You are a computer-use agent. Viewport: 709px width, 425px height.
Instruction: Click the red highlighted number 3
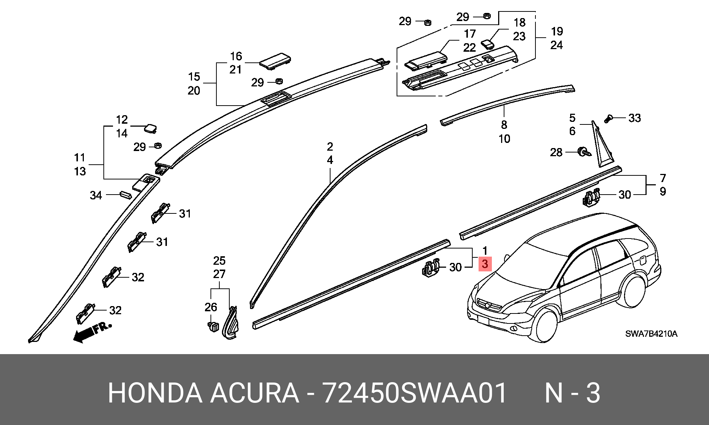pos(485,264)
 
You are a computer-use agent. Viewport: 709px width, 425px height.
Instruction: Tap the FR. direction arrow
pos(92,332)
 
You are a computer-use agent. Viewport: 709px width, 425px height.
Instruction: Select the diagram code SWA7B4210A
pos(651,334)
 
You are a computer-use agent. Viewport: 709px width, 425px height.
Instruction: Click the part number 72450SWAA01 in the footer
pos(415,393)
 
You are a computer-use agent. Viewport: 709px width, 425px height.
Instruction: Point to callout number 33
pos(635,118)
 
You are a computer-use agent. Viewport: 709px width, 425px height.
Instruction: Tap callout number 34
pos(96,195)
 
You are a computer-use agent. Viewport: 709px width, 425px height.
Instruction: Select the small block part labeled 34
pos(125,195)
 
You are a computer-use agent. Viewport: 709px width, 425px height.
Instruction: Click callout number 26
pos(211,307)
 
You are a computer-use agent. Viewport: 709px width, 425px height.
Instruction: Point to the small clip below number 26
pos(213,327)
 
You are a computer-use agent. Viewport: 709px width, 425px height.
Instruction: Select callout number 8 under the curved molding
pos(504,125)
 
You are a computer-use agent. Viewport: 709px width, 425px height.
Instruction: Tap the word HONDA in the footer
pos(155,393)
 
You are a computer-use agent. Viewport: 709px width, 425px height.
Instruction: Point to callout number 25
pos(219,261)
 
